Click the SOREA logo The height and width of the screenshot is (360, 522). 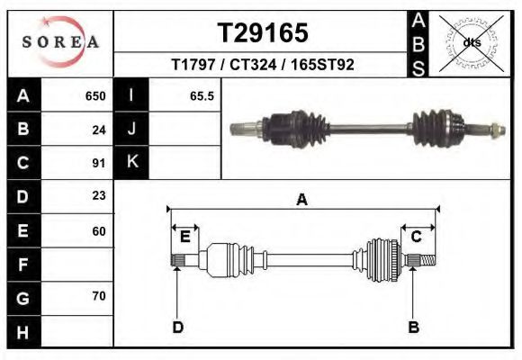(x=60, y=42)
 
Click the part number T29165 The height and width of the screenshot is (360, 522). (x=263, y=32)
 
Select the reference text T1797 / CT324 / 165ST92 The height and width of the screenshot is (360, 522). (x=263, y=65)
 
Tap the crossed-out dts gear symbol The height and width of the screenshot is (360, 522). (x=471, y=42)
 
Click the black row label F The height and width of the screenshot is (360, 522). (x=22, y=265)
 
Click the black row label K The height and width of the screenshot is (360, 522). (x=131, y=162)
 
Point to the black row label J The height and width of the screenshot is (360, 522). (x=131, y=130)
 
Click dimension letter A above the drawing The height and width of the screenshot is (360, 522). (x=302, y=200)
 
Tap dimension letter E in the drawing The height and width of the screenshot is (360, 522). (x=184, y=237)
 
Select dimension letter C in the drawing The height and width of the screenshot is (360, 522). (x=417, y=237)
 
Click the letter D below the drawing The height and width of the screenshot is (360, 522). (x=178, y=327)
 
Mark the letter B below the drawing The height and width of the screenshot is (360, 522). (x=414, y=327)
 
